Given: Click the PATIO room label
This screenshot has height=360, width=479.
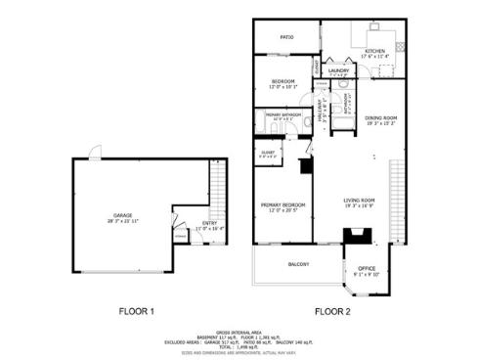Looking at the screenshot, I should [286, 37].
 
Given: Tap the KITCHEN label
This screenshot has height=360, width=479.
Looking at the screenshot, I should [375, 51].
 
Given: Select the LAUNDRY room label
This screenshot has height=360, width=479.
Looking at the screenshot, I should [339, 70].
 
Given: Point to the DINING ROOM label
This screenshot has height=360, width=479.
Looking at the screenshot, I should [380, 118].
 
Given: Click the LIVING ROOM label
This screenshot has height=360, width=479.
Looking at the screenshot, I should [360, 202].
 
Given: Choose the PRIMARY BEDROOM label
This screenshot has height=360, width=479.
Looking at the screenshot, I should [283, 204].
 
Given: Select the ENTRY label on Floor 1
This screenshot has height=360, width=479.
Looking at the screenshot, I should [210, 223].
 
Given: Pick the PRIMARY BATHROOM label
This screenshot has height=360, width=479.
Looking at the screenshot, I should [283, 114].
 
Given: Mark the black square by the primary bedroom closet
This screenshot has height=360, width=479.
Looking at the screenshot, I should [305, 167].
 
